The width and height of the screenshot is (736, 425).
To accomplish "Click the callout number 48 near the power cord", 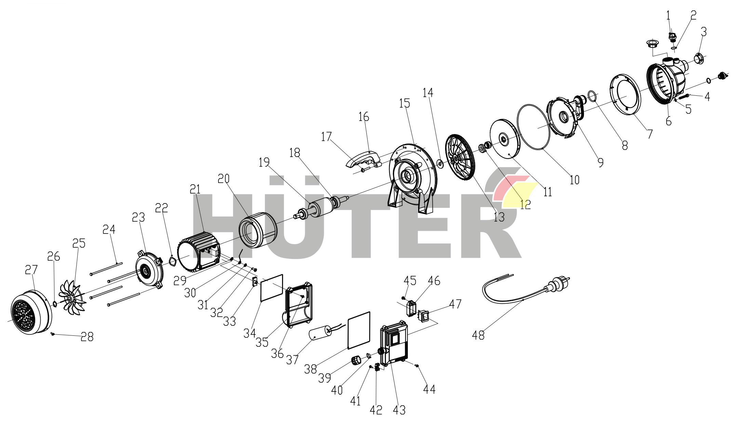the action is [x=478, y=335].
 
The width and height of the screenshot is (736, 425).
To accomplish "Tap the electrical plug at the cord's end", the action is [x=558, y=285].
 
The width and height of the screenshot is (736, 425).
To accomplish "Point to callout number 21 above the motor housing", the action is [x=196, y=189].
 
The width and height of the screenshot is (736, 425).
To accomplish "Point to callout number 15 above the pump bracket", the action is [x=405, y=103].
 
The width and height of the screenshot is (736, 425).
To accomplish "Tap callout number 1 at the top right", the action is [x=668, y=15].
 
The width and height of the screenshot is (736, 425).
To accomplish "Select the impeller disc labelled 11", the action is [x=505, y=138].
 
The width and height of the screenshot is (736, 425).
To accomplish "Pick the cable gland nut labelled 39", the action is [x=357, y=360].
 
